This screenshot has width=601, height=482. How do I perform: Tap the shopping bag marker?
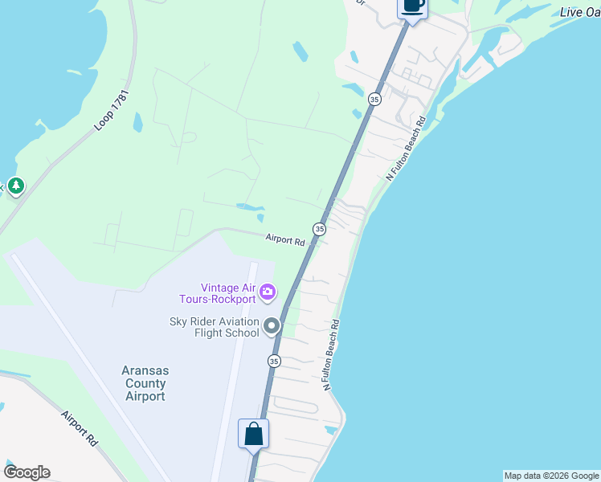pyautogui.click(x=254, y=435)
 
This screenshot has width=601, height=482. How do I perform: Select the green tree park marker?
pyautogui.click(x=15, y=186)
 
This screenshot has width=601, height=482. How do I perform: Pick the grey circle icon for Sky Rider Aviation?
pyautogui.click(x=272, y=326)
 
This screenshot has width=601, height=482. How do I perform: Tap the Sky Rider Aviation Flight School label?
pyautogui.click(x=214, y=327)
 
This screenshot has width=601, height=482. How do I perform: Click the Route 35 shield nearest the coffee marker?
pyautogui.click(x=374, y=99)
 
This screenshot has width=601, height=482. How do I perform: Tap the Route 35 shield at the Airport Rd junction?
pyautogui.click(x=320, y=230)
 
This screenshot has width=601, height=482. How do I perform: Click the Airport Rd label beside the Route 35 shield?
pyautogui.click(x=285, y=239)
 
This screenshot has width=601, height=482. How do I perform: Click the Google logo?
pyautogui.click(x=27, y=472)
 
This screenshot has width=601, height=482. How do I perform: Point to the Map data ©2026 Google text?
pyautogui.click(x=551, y=476)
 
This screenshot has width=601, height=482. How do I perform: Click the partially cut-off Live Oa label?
pyautogui.click(x=579, y=11)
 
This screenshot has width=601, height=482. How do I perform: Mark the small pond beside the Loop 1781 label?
pyautogui.click(x=137, y=122)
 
